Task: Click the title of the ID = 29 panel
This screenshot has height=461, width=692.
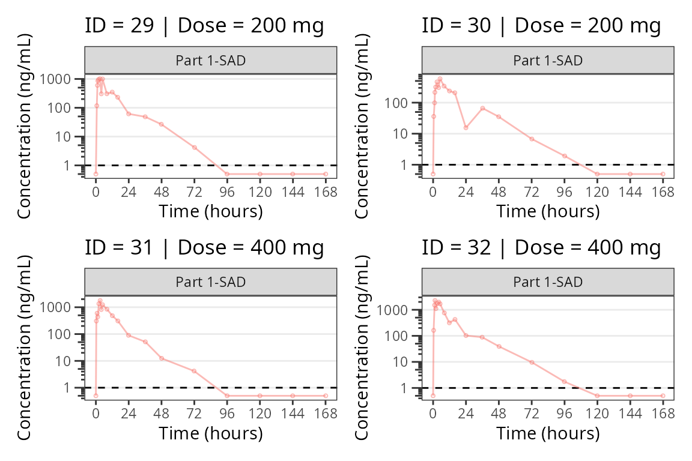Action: coord(204,26)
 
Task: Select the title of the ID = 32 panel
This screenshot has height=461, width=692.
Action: coord(541,247)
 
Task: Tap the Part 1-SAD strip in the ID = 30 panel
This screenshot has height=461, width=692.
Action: coord(548,61)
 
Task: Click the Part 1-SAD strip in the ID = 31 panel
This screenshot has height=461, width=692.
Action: coord(210,282)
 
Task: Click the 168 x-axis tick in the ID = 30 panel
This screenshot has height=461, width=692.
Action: coord(663,192)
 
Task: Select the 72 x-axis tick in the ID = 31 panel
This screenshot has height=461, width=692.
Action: coord(195,414)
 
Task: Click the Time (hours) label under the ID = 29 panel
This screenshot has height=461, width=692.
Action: coord(210,211)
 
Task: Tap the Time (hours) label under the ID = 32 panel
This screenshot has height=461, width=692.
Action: coord(548,433)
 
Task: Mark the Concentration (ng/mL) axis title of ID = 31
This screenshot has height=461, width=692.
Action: coord(25,348)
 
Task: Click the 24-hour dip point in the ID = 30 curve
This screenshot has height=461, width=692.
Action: coord(466,127)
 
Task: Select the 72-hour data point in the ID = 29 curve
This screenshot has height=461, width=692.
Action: coord(195,147)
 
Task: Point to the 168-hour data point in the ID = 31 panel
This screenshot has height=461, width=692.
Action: coord(326,396)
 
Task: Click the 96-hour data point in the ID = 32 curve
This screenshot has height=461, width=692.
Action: coord(565,381)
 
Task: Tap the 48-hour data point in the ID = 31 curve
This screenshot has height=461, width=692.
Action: coord(162,358)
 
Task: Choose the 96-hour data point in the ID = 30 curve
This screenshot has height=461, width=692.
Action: coord(565,156)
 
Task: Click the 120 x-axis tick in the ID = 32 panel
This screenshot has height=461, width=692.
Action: coord(597,414)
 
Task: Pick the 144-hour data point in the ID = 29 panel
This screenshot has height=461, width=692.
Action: coord(293,174)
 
